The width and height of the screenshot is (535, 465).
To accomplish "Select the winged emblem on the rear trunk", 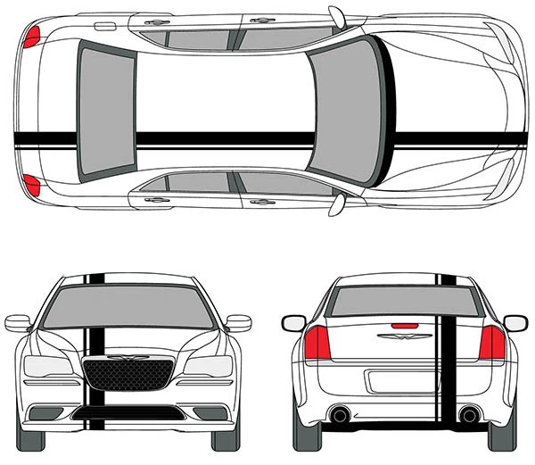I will [399, 337].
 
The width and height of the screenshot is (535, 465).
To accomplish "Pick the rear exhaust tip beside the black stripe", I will [467, 415].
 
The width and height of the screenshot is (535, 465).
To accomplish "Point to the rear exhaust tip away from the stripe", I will [338, 415].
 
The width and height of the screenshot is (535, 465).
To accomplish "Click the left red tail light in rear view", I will [317, 343].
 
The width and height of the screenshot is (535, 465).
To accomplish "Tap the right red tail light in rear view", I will [492, 343].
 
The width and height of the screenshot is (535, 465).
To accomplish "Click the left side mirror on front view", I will [18, 322].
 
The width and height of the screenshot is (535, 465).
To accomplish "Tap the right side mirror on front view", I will [239, 322].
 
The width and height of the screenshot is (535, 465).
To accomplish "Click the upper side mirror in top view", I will [337, 16].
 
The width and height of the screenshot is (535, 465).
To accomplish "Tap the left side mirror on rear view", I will [293, 323].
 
